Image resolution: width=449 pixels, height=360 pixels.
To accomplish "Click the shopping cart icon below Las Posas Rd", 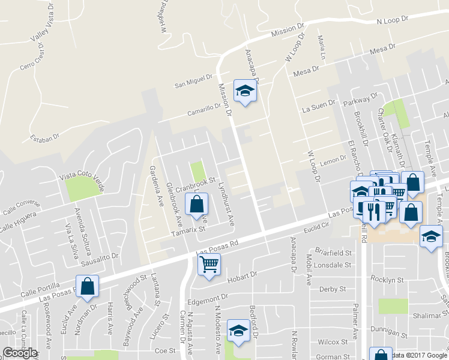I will [209, 263].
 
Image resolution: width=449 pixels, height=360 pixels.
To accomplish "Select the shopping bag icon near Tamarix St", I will [197, 204].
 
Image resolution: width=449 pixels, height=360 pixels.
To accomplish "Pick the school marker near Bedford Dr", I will [238, 330].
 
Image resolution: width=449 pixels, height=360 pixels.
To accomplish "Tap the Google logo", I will [20, 353].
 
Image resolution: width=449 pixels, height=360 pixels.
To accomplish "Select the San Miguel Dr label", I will [194, 82].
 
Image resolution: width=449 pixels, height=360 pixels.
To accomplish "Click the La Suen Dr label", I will [316, 109].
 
